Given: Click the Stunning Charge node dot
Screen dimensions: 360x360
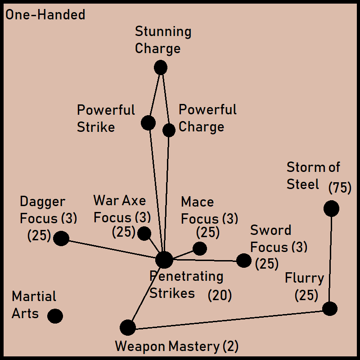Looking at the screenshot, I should pyautogui.click(x=161, y=68).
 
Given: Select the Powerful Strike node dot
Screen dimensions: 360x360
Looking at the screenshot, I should pyautogui.click(x=148, y=122).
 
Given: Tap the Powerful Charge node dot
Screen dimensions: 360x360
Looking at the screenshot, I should pyautogui.click(x=169, y=130).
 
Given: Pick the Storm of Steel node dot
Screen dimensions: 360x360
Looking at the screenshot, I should pyautogui.click(x=331, y=208).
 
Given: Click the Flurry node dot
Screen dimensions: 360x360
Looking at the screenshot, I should pyautogui.click(x=330, y=308).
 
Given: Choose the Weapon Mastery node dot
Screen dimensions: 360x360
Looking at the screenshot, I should pyautogui.click(x=128, y=328).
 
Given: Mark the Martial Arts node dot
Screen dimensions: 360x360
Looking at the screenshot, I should pyautogui.click(x=55, y=316).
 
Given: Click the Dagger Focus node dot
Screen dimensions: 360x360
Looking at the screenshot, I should pyautogui.click(x=61, y=238).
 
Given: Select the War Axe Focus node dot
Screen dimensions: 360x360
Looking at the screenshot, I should pyautogui.click(x=144, y=234).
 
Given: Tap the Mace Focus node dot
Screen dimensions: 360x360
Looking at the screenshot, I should pyautogui.click(x=199, y=248).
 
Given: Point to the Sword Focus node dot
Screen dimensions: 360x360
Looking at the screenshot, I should pyautogui.click(x=243, y=260).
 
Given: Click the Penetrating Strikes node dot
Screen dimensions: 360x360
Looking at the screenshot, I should pyautogui.click(x=164, y=260).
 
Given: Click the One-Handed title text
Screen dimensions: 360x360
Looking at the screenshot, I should pyautogui.click(x=45, y=15).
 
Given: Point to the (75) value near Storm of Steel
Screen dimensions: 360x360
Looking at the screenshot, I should pyautogui.click(x=340, y=188).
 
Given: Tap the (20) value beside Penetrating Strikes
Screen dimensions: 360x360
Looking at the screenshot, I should pyautogui.click(x=220, y=296).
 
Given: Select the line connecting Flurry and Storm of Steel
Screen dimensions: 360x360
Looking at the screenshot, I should pyautogui.click(x=331, y=259).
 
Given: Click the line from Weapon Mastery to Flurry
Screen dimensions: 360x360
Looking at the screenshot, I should pyautogui.click(x=229, y=318).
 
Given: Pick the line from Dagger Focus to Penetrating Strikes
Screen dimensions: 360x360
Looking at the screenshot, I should pyautogui.click(x=112, y=249).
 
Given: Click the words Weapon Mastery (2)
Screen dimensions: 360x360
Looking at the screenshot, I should pyautogui.click(x=176, y=346).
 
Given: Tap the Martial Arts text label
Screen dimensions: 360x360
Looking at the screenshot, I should pyautogui.click(x=34, y=305).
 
